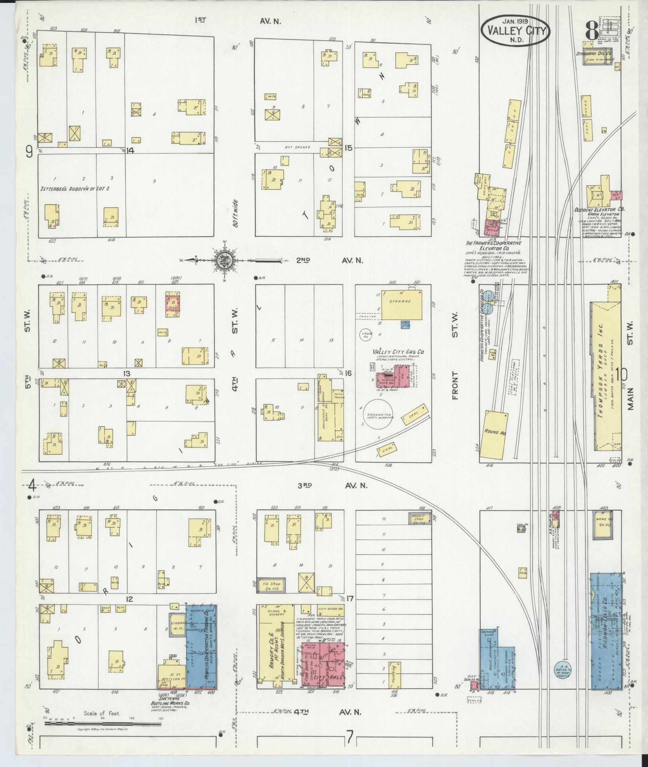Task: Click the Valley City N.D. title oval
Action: [515, 31]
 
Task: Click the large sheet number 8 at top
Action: [591, 31]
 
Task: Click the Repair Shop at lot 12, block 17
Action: [418, 519]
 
